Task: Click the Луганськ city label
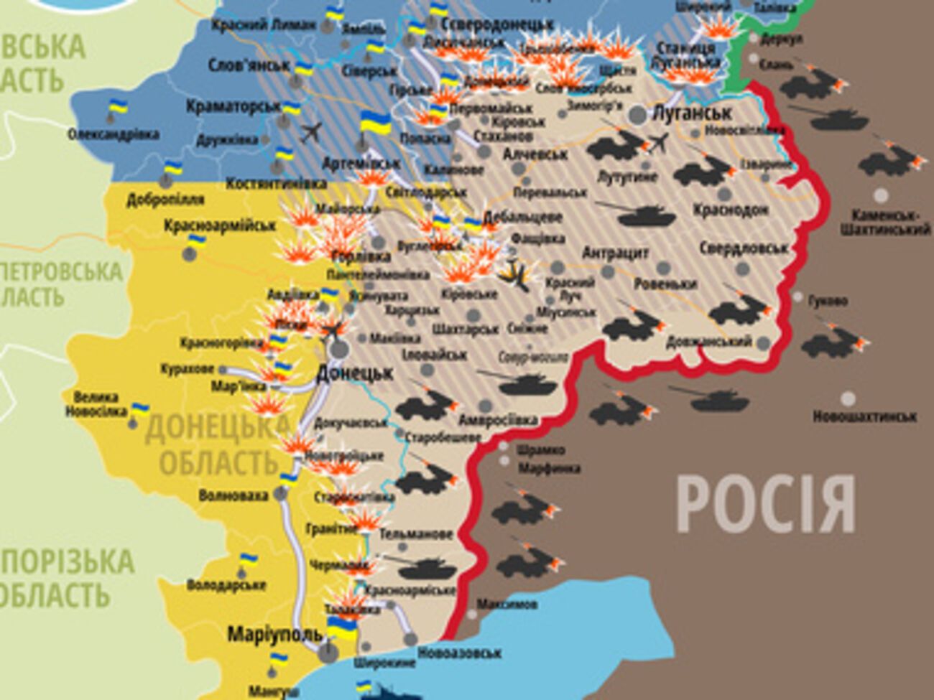tap(692, 113)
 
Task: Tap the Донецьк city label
tap(355, 373)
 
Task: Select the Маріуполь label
tap(274, 635)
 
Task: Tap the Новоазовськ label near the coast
tap(459, 653)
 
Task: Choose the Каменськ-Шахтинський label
tap(891, 223)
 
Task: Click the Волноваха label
tap(233, 495)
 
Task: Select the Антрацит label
tap(615, 253)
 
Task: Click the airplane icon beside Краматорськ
tap(312, 133)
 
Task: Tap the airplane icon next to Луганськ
tap(657, 144)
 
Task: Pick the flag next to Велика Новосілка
tap(140, 409)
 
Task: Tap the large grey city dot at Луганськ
tap(637, 114)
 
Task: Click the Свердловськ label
tap(743, 248)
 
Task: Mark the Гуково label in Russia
tap(828, 301)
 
